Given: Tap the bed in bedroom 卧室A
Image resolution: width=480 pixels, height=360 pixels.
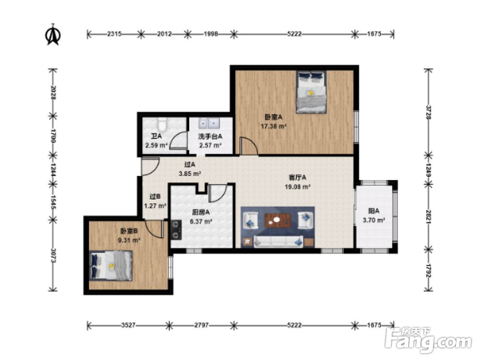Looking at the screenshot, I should [311, 92].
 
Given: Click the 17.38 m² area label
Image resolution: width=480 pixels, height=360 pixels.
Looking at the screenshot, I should [274, 127].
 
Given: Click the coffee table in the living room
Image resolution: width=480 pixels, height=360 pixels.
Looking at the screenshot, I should [277, 220].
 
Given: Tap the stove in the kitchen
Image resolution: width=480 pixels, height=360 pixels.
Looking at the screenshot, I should [175, 229].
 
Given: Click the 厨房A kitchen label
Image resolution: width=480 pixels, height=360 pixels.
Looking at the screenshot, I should [199, 213].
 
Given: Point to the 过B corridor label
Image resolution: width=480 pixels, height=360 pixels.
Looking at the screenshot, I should [155, 196].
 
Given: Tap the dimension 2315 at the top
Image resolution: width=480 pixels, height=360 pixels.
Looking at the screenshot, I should [114, 34].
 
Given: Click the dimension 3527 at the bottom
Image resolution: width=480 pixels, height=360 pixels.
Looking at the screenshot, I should [127, 325].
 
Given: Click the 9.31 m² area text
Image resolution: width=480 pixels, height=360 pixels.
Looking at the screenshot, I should [130, 240].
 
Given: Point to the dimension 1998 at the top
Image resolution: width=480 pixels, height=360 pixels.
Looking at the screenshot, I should [211, 34].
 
